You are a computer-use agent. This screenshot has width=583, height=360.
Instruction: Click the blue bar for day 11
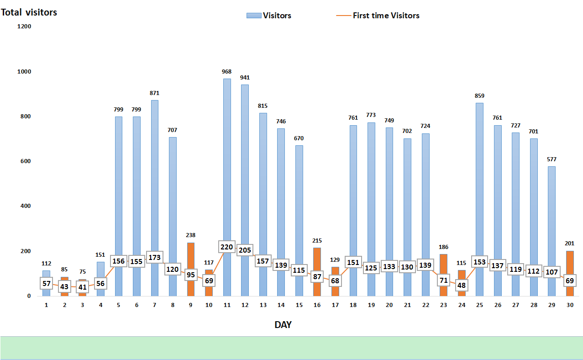click(x=227, y=160)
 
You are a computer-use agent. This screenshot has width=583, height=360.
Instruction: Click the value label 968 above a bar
click(x=227, y=72)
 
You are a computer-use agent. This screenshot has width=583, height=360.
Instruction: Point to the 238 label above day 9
click(x=191, y=236)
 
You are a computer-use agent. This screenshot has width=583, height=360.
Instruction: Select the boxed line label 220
click(x=227, y=247)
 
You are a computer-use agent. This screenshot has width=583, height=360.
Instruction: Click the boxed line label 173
click(x=155, y=258)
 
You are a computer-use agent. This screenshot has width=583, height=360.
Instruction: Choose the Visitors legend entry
click(x=269, y=16)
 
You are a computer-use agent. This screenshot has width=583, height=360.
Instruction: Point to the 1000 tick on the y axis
click(x=24, y=72)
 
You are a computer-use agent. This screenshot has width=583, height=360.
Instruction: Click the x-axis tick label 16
click(x=317, y=305)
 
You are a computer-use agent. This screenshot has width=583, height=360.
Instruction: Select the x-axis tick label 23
click(x=443, y=305)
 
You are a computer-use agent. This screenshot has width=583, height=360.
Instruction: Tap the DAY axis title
click(x=283, y=325)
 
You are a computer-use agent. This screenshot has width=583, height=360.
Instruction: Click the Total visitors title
click(x=29, y=12)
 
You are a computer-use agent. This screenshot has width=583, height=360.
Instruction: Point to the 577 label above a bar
click(x=551, y=159)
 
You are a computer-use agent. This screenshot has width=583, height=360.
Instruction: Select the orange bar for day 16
click(x=317, y=256)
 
